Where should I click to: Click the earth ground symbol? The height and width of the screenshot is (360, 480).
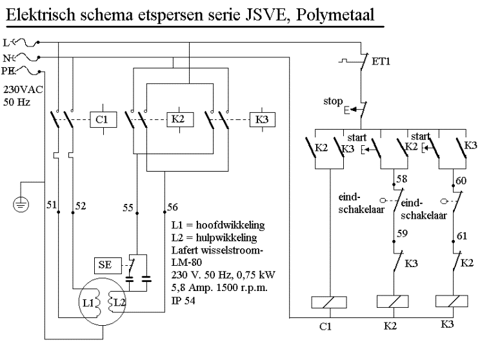21,206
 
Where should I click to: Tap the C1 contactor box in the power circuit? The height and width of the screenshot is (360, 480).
101,121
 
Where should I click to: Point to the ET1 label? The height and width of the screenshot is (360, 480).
380,63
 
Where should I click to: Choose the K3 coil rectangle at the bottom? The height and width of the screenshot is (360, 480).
452,302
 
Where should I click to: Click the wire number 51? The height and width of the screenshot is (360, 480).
52,206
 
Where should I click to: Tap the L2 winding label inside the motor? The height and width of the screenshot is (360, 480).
119,301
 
